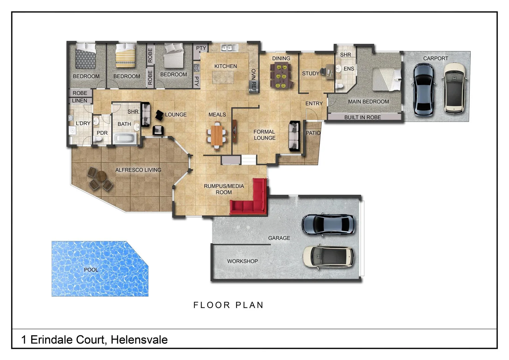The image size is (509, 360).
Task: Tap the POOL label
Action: pyautogui.click(x=91, y=270)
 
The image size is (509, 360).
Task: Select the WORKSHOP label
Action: pyautogui.click(x=243, y=261)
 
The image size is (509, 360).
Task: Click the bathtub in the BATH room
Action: pyautogui.click(x=125, y=138)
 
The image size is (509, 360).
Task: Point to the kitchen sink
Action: pyautogui.click(x=229, y=48)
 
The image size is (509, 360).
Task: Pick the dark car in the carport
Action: pyautogui.click(x=423, y=89)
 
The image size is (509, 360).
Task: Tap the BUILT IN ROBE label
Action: pyautogui.click(x=362, y=117)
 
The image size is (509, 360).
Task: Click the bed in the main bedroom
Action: pyautogui.click(x=386, y=79)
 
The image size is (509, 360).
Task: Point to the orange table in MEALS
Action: pyautogui.click(x=217, y=135)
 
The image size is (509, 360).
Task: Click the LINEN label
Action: pyautogui.click(x=80, y=101)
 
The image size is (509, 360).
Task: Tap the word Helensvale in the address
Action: pyautogui.click(x=139, y=340)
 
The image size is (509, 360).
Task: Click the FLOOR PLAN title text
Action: pyautogui.click(x=229, y=305)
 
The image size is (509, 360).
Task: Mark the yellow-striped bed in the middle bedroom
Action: pyautogui.click(x=126, y=56)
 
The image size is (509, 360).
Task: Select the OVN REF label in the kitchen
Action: pyautogui.click(x=254, y=80)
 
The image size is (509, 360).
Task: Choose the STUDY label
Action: pyautogui.click(x=310, y=73)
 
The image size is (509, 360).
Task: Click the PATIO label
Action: pyautogui.click(x=313, y=133)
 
